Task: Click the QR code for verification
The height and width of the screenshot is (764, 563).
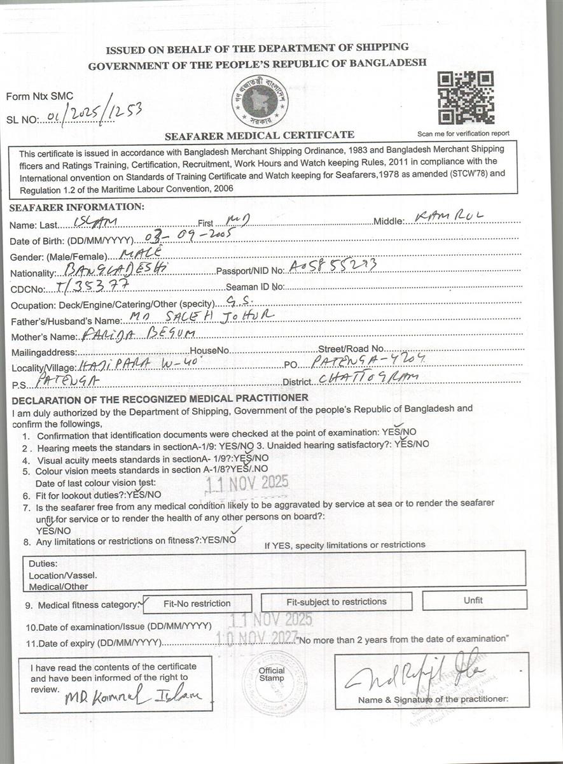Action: coord(466,98)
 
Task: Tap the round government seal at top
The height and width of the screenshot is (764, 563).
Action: coord(260,101)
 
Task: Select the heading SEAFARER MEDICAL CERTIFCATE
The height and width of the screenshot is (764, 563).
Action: coord(260,135)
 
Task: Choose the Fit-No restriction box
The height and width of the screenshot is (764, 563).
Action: coord(197,603)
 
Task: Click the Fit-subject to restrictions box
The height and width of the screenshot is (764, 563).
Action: coord(336,602)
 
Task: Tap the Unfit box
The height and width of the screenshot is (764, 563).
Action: coord(473,600)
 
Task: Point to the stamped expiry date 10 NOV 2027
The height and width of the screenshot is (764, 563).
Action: coord(258,636)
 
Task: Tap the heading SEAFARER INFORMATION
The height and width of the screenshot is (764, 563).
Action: coord(77,207)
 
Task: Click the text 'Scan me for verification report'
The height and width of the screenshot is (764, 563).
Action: coord(463,134)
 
